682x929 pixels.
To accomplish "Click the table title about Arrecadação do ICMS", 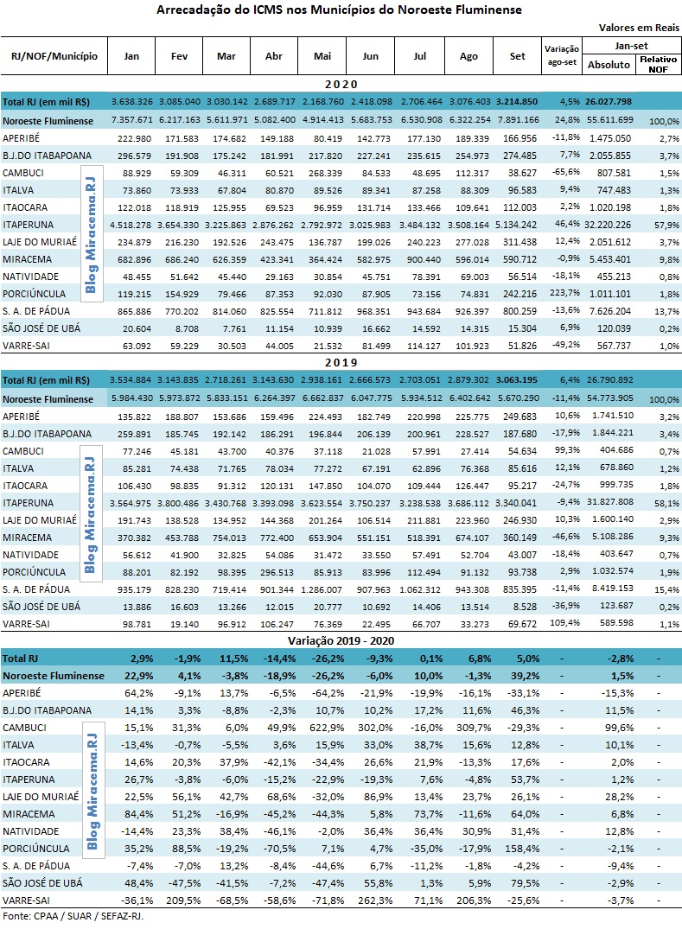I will point(340,10).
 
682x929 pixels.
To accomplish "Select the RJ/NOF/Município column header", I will point(54,56).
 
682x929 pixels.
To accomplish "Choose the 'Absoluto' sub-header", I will point(609,65).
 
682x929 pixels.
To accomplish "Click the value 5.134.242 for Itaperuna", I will point(518,223).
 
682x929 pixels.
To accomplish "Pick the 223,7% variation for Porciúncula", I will point(563,293).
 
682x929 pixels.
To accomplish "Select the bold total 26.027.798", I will point(609,101).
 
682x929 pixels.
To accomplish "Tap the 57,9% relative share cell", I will point(664,223).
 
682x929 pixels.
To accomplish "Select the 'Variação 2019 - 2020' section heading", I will point(340,639).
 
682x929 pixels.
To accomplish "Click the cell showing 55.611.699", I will point(609,119).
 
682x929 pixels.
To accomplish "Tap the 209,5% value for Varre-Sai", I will point(183,900).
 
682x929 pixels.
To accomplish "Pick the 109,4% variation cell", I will point(563,623).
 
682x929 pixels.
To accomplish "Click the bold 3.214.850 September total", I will point(518,101).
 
